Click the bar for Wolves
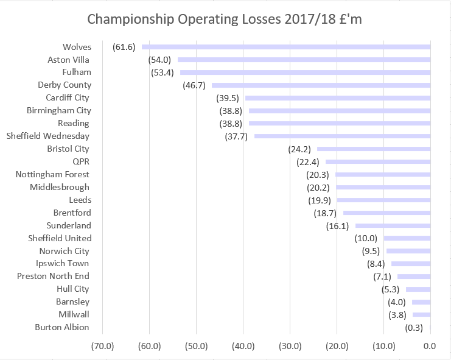[286, 47]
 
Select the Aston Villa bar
[304, 60]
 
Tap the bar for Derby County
[321, 85]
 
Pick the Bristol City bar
[374, 149]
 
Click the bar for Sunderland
[393, 225]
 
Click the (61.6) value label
[124, 47]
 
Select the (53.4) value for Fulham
[163, 72]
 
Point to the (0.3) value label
[416, 328]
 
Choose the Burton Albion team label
[62, 327]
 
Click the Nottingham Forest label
[52, 174]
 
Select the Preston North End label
[53, 276]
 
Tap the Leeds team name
[80, 200]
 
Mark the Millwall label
[74, 314]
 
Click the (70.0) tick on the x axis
[102, 347]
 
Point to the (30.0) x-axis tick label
[290, 347]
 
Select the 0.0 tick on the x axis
[430, 347]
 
